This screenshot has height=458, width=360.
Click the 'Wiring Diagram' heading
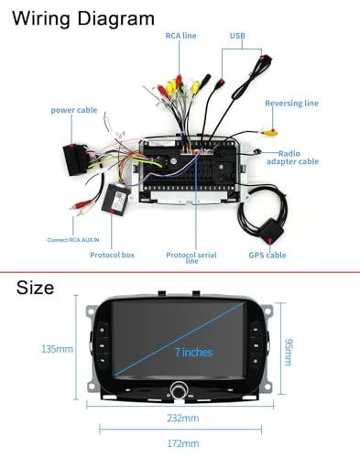pos(83,17)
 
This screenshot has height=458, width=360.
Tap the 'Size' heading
pos(35,289)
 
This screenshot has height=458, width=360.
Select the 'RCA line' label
pos(180,35)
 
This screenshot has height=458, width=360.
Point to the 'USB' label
pos(237,35)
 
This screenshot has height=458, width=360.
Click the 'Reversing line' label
pos(291,104)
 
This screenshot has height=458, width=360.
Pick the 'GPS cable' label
pos(267,255)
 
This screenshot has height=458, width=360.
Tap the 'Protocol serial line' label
pos(191,257)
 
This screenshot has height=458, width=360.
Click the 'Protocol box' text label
pos(112,255)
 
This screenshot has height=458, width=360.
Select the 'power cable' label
pos(74,110)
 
